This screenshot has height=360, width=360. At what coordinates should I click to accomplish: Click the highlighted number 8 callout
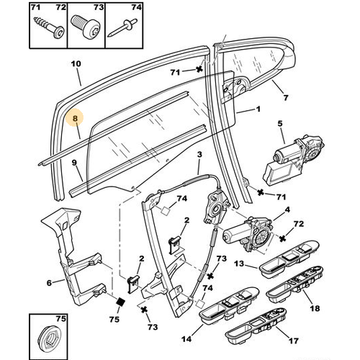pyautogui.click(x=75, y=118)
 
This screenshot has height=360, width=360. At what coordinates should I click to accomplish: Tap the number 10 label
pyautogui.click(x=76, y=64)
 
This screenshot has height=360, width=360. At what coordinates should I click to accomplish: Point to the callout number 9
pyautogui.click(x=74, y=163)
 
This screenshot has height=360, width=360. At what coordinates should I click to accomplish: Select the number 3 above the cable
pyautogui.click(x=199, y=154)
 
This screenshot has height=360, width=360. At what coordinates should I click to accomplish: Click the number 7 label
pyautogui.click(x=286, y=98)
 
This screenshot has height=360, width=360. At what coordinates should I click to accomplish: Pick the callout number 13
pyautogui.click(x=239, y=264)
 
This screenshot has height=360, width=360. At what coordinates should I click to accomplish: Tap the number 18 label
pyautogui.click(x=315, y=308)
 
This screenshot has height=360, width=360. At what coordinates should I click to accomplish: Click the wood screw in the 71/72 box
pyautogui.click(x=50, y=27)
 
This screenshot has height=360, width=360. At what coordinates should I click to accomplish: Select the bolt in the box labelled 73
pyautogui.click(x=86, y=27)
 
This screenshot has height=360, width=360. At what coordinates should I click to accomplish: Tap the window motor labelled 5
pyautogui.click(x=293, y=159)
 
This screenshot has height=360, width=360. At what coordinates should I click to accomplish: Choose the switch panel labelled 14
pyautogui.click(x=229, y=304)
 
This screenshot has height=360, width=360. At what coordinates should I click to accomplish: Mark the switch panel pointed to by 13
pyautogui.click(x=289, y=259)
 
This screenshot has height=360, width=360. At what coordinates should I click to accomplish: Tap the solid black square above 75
pyautogui.click(x=120, y=302)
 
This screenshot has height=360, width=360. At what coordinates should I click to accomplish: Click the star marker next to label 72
pyautogui.click(x=283, y=238)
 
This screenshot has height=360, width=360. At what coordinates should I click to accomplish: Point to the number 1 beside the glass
pyautogui.click(x=258, y=109)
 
